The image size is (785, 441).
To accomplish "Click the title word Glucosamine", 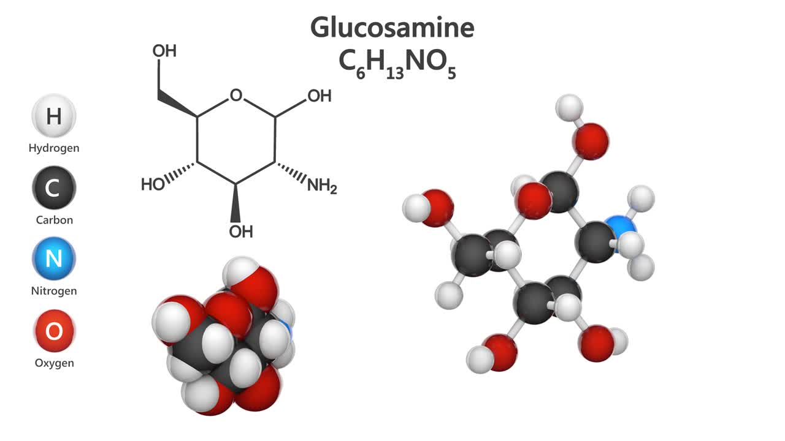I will point(392,28).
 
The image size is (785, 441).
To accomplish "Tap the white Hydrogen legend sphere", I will point(54,116).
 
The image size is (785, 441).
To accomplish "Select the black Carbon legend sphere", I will point(54,187).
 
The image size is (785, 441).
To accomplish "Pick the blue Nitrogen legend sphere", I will point(54,258).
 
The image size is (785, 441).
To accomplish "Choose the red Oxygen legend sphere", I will point(54,331).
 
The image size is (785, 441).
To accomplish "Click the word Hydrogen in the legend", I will point(54,148).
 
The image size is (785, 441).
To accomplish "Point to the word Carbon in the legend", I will point(54,220).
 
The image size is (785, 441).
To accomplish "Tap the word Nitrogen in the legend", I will point(54,291).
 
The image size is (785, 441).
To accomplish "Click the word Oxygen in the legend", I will point(54,363).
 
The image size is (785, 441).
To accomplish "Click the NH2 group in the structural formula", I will point(322,186).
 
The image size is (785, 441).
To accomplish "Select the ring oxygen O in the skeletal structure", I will point(236,96).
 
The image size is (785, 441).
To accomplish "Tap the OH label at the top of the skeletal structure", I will point(164,51).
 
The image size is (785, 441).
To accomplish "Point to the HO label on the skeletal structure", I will point(153,184).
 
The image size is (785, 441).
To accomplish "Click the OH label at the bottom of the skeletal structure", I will point(240,232).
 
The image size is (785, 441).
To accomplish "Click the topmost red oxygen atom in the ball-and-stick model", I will point(591,140).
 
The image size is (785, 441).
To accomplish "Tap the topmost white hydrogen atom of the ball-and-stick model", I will point(569,107).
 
